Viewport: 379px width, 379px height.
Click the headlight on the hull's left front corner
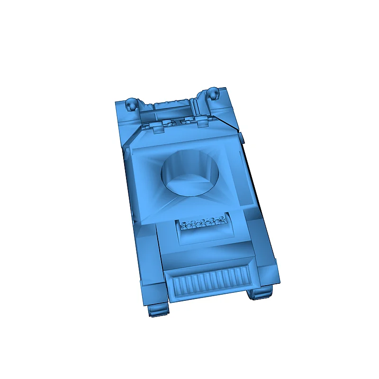pyautogui.click(x=132, y=103)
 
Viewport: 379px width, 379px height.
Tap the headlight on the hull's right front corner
pyautogui.click(x=214, y=93)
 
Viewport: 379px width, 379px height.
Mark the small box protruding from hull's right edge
pyautogui.click(x=241, y=138)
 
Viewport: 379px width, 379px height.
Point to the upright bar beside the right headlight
pyautogui.click(x=196, y=107)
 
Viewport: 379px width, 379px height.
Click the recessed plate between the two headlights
pyautogui.click(x=171, y=111)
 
